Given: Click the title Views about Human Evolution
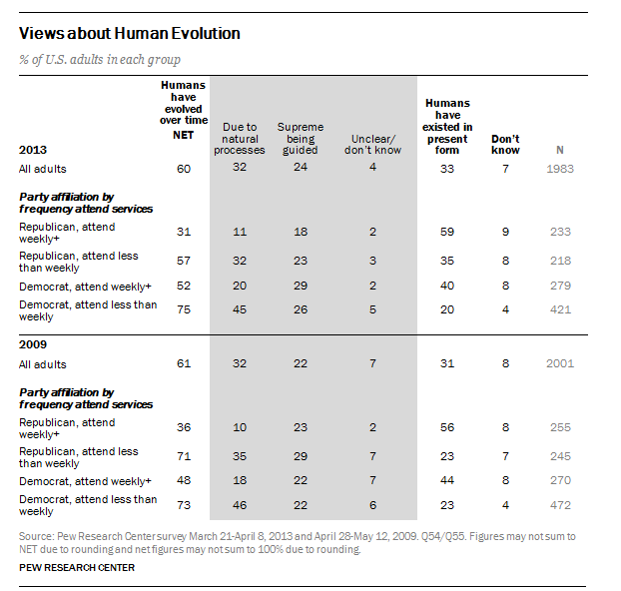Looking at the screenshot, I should [x=129, y=33].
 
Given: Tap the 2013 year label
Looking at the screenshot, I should [x=33, y=151].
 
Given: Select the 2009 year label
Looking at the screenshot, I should [x=33, y=345].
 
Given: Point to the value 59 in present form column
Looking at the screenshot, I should [x=448, y=233].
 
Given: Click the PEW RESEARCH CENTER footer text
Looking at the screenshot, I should [x=76, y=568].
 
